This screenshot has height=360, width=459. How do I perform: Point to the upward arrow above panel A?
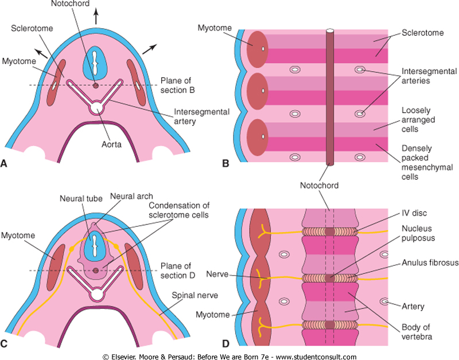[96, 16]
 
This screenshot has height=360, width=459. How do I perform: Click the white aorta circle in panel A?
[96, 107]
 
